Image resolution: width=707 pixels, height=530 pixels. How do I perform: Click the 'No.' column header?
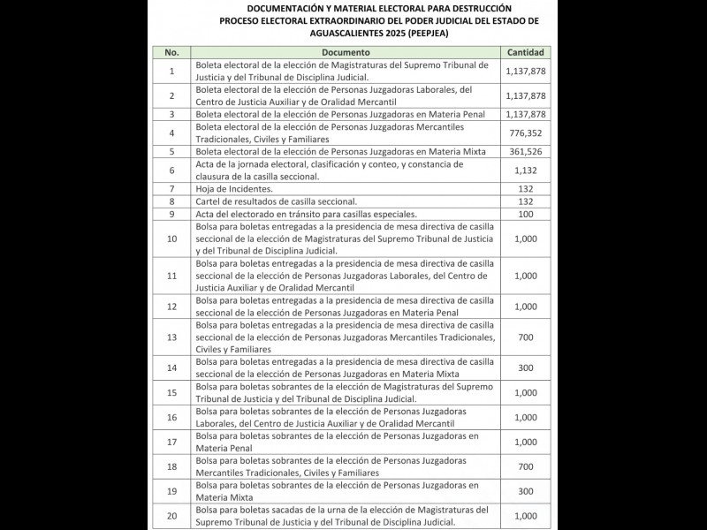point(171,52)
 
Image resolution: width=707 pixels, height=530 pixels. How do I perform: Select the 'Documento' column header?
point(346,52)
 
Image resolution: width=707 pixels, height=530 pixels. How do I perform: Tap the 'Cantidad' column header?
point(525,52)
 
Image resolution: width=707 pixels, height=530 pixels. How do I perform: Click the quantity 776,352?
point(525,133)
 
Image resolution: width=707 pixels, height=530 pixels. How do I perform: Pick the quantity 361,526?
point(525,152)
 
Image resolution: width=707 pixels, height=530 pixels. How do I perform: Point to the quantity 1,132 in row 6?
point(525,170)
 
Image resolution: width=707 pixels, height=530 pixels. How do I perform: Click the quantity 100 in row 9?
point(525,214)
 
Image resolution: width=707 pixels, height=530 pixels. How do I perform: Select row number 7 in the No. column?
point(171,189)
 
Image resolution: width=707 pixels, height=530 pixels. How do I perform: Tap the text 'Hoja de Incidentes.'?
point(234,189)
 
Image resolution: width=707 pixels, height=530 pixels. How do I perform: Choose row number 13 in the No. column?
point(171,337)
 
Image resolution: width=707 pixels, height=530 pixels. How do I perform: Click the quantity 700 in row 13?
point(525,337)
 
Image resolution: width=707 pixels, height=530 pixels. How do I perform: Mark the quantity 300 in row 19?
point(525,490)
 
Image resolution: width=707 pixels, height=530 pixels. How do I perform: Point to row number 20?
point(171,516)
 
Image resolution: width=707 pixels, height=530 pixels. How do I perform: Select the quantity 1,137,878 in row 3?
point(525,114)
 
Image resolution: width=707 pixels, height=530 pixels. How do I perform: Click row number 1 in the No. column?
point(171,71)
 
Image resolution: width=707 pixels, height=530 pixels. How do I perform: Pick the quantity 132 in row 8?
point(525,201)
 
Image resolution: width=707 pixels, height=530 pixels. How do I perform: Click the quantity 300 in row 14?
point(525,367)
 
